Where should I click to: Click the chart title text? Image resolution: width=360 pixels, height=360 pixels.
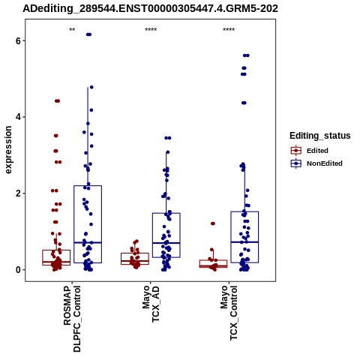pyautogui.click(x=150, y=8)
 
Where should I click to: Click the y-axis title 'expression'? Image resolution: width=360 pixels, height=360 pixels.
pyautogui.click(x=8, y=150)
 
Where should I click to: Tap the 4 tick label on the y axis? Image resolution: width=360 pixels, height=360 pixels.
pyautogui.click(x=18, y=117)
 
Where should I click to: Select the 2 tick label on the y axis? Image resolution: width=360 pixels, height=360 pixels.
pyautogui.click(x=18, y=193)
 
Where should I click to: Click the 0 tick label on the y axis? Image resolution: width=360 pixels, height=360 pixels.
pyautogui.click(x=18, y=270)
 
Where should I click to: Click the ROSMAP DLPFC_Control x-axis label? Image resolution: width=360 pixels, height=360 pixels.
pyautogui.click(x=72, y=319)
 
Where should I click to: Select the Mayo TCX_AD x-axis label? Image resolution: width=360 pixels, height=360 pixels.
pyautogui.click(x=151, y=304)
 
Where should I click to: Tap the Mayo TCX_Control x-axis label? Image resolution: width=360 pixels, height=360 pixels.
pyautogui.click(x=229, y=313)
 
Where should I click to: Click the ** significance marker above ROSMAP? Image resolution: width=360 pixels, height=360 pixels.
pyautogui.click(x=72, y=30)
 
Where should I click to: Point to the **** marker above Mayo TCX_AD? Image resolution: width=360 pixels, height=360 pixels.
pyautogui.click(x=151, y=30)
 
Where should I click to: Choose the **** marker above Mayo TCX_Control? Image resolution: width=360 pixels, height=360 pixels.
pyautogui.click(x=229, y=30)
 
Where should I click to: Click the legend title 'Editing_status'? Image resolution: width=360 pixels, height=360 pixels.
pyautogui.click(x=320, y=136)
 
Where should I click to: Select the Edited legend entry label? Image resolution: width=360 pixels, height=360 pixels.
pyautogui.click(x=317, y=151)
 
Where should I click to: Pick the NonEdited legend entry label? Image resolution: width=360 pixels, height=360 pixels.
pyautogui.click(x=325, y=163)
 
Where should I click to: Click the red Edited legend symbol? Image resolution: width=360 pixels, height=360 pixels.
pyautogui.click(x=296, y=151)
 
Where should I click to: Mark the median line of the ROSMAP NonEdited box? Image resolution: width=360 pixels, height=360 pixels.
pyautogui.click(x=88, y=242)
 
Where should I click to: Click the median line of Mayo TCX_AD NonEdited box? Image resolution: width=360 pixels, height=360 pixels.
pyautogui.click(x=166, y=243)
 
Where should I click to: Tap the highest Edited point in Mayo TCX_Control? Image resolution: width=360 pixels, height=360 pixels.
pyautogui.click(x=213, y=223)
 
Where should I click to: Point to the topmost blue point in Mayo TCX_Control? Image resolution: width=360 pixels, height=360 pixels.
pyautogui.click(x=246, y=55)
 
